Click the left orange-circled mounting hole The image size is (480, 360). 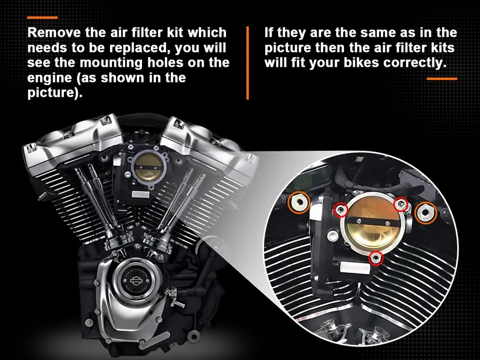(x=299, y=202)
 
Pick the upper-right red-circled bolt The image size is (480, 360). (x=401, y=203)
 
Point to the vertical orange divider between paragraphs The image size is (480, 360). (x=247, y=63)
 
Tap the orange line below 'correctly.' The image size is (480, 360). (x=441, y=78)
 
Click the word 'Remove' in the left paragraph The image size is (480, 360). (x=50, y=33)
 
